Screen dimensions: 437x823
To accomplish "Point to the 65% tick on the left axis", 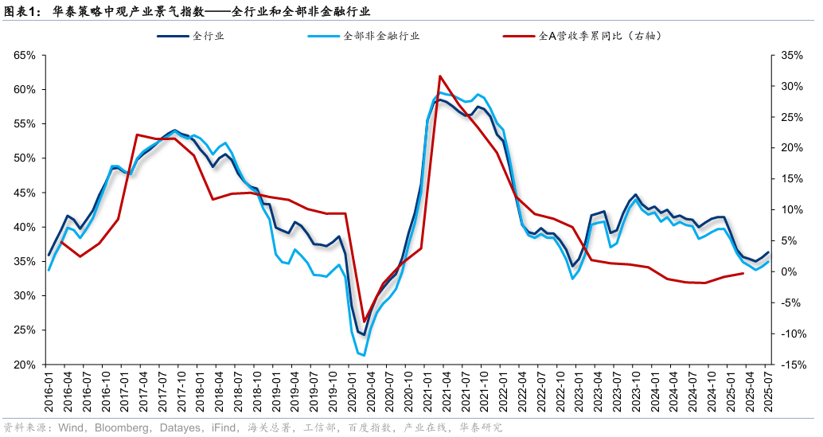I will [25, 55].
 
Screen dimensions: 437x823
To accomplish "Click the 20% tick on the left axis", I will [25, 365].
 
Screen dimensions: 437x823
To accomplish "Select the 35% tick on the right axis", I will [793, 55].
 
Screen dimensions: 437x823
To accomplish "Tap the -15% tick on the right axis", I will [791, 365].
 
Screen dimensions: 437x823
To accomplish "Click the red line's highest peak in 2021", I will [440, 76].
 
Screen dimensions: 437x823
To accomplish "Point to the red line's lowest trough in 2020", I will [365, 322].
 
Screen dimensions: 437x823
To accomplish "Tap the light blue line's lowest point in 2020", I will [364, 355].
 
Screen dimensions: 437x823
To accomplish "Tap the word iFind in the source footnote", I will [220, 427].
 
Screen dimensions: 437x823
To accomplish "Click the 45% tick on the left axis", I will [25, 193].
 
